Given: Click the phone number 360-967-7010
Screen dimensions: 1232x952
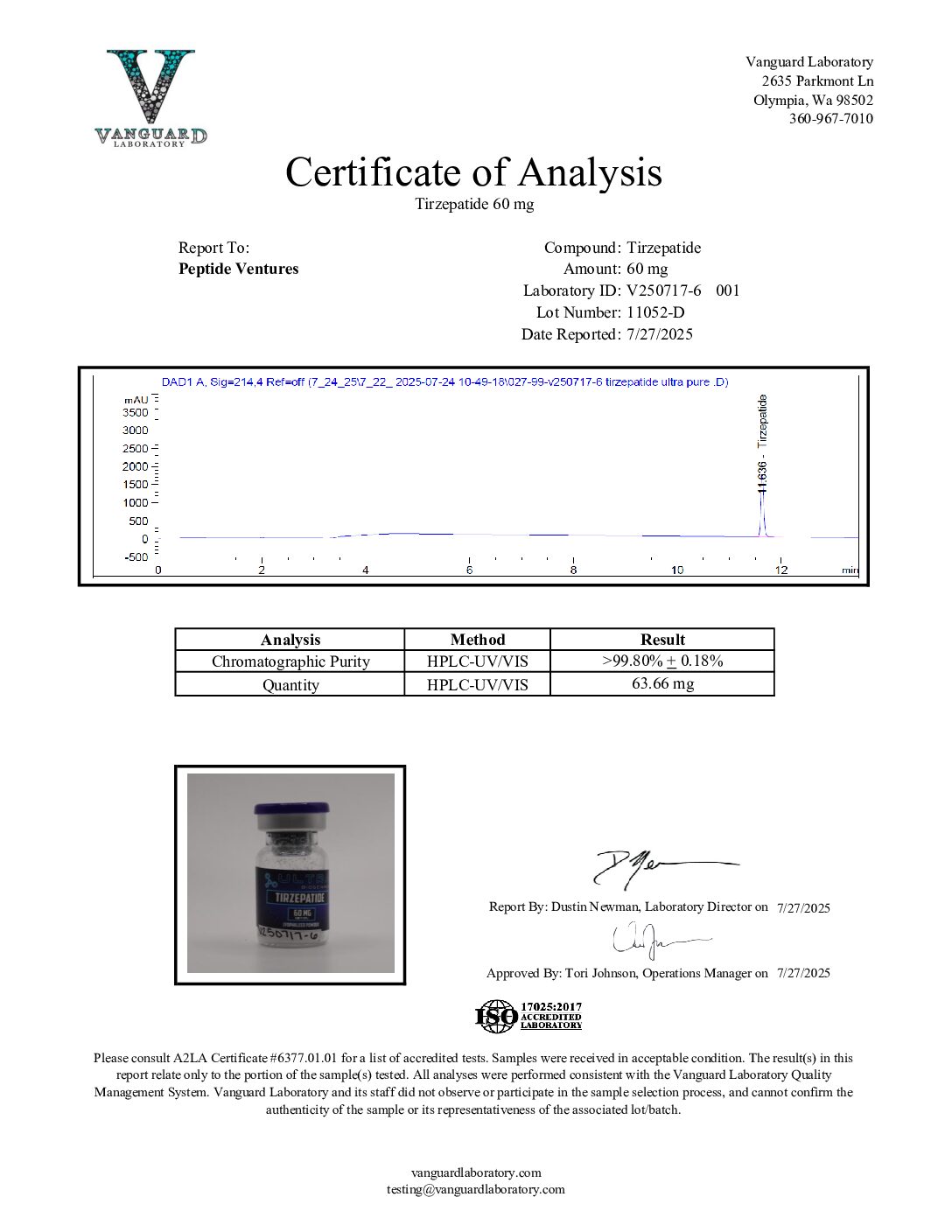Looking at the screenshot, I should pos(830,119).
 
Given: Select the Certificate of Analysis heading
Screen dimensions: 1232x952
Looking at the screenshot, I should pos(473,172).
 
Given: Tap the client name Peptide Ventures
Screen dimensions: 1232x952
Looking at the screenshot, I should pos(238,269).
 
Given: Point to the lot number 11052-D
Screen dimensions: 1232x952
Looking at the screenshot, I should pos(655,312).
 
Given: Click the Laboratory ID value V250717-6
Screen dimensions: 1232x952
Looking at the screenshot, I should pos(664,290).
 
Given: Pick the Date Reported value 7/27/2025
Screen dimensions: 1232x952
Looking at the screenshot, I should pos(660,334).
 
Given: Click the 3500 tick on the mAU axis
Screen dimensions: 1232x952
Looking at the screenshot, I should pos(136,412).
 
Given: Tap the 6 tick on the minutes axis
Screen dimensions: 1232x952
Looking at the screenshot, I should pos(469,570).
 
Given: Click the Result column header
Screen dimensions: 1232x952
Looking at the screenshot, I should pos(662,640).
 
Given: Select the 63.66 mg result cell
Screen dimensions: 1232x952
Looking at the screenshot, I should pos(662,683).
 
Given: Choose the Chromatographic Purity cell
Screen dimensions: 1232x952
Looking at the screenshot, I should pos(290,661).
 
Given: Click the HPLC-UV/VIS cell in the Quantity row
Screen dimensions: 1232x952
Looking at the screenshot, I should pos(477,684).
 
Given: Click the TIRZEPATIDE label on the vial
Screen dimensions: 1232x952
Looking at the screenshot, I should pos(300,898).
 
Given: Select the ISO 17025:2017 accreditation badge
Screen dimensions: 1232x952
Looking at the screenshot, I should pos(528,1017).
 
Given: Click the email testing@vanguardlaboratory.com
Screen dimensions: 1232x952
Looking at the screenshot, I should pos(476,1189).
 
